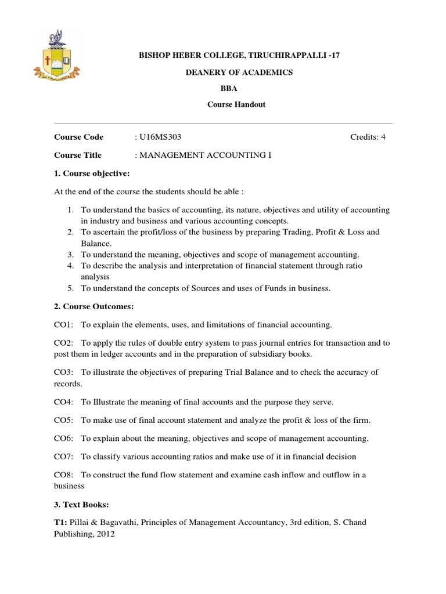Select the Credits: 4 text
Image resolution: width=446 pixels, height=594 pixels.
pos(367,137)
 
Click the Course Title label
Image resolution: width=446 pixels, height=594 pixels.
pos(77,155)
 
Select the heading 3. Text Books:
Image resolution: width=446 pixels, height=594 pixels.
pos(83,504)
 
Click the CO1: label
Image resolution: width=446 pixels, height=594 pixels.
pos(63,324)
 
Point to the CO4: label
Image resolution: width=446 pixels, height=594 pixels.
pos(63,402)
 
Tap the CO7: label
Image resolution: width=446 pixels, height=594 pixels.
pos(63,457)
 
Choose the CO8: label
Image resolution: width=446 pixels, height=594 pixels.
pos(63,475)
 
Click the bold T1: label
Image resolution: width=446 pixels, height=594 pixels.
pos(62,523)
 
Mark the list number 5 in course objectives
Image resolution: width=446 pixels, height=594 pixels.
pos(69,288)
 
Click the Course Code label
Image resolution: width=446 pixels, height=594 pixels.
pos(78,137)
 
